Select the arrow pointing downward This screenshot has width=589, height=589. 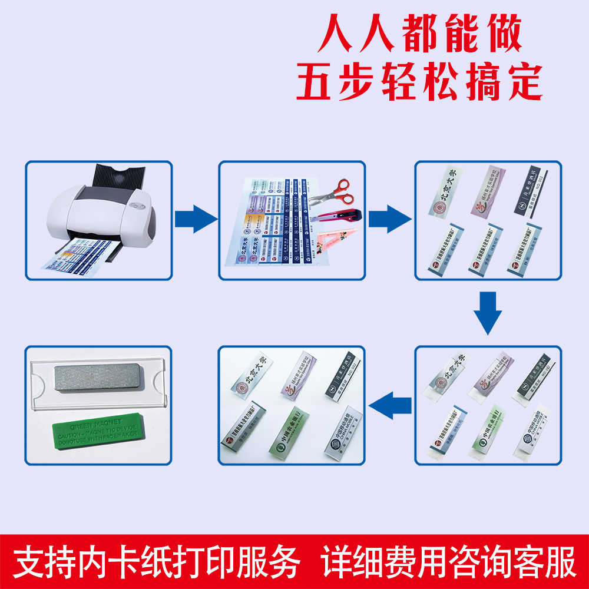pos(488,315)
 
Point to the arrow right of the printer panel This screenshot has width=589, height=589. pos(196,219)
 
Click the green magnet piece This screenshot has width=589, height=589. pos(97,434)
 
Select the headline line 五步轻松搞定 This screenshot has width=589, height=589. pos(419,82)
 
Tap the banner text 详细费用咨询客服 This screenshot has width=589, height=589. pos(449,562)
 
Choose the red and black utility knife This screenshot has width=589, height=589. pos(339,214)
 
